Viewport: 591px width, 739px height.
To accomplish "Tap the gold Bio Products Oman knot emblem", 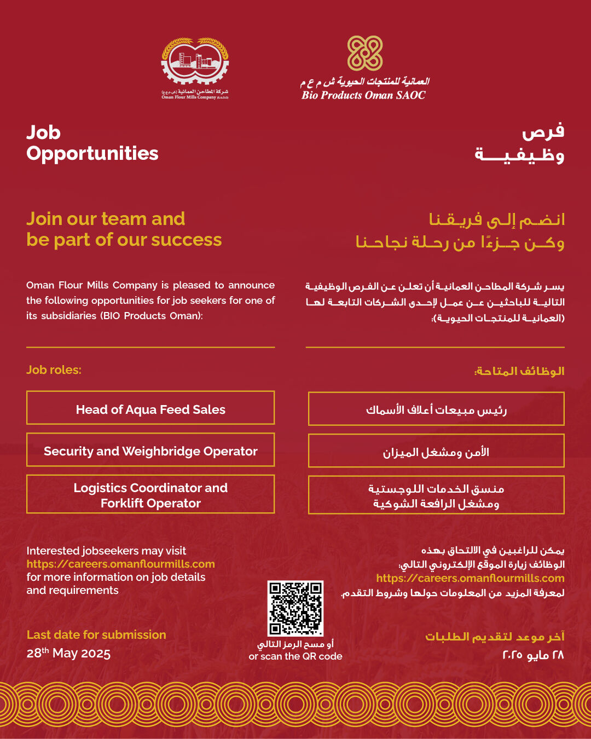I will (x=365, y=53).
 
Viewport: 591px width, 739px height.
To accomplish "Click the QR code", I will (x=296, y=608).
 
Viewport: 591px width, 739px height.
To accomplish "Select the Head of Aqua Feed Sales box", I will (x=150, y=408).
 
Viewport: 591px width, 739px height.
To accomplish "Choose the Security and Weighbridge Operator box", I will (x=150, y=450).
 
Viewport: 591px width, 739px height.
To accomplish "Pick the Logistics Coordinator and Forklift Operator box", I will (x=150, y=494).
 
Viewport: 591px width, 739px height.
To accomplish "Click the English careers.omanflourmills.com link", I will (x=120, y=564).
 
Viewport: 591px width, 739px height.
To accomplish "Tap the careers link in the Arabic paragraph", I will (x=470, y=578).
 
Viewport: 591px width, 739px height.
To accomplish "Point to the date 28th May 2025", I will (x=68, y=653).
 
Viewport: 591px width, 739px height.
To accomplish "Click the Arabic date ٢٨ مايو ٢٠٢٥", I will (x=533, y=655).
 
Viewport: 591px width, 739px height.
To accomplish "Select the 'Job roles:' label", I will (x=54, y=370).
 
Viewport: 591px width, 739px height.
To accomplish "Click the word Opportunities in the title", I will (x=92, y=154).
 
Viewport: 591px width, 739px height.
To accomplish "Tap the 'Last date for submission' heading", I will (x=96, y=635).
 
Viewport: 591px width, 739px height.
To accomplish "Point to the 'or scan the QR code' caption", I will (x=296, y=656).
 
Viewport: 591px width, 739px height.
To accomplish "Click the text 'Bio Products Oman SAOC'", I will (x=363, y=95).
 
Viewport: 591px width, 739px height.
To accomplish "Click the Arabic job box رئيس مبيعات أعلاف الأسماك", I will (x=436, y=409).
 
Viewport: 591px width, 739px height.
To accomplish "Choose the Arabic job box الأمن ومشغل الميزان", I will (x=436, y=451).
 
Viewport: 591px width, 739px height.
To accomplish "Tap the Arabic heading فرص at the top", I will (x=543, y=132).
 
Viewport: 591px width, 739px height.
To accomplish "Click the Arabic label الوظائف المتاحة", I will (x=519, y=371).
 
